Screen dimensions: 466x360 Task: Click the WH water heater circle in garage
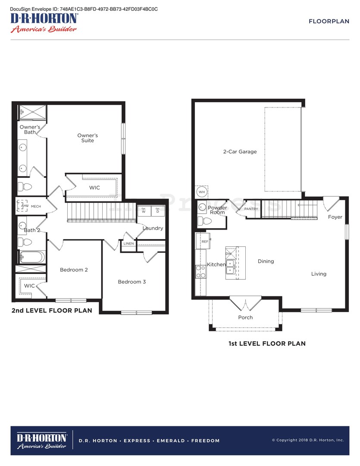point(202,192)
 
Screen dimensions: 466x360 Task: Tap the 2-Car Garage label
point(240,152)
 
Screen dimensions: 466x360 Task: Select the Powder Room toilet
point(206,221)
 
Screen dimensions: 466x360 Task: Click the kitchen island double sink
point(230,267)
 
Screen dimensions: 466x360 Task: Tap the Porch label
point(245,318)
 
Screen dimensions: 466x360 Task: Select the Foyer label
point(335,217)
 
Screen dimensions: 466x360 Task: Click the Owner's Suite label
point(88,138)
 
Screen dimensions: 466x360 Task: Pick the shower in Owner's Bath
point(32,113)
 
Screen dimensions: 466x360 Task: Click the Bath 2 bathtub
point(31,257)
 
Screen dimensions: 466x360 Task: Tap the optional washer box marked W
point(144,211)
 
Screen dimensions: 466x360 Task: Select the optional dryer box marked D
point(157,211)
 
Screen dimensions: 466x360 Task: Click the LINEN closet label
point(128,244)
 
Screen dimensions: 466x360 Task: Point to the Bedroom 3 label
point(132,282)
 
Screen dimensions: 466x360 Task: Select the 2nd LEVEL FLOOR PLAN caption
point(52,310)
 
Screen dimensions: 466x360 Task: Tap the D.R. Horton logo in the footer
point(41,441)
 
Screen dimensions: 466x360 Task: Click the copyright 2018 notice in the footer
point(308,440)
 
